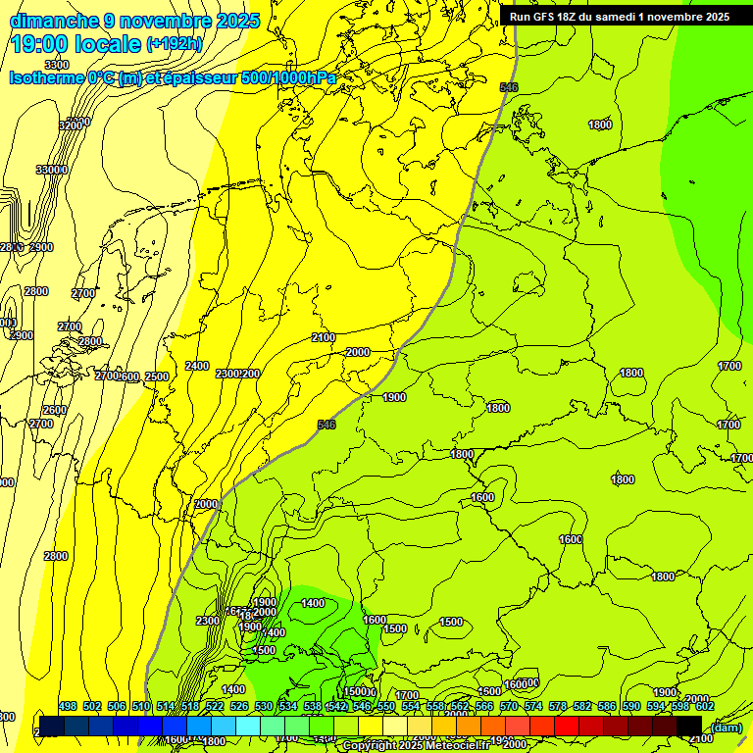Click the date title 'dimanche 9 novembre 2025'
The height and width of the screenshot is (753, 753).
pyautogui.click(x=134, y=21)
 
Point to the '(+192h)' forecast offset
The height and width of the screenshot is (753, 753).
pyautogui.click(x=175, y=44)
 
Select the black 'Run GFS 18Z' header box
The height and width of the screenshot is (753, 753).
pyautogui.click(x=620, y=17)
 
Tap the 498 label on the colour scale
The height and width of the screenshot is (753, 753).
pyautogui.click(x=68, y=707)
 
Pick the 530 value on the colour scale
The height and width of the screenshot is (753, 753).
pyautogui.click(x=264, y=707)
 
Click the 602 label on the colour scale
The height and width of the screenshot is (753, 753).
pyautogui.click(x=705, y=707)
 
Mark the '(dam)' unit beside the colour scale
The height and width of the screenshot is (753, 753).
pyautogui.click(x=727, y=727)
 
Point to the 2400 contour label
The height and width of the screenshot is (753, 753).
pyautogui.click(x=197, y=366)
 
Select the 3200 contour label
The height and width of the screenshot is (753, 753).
pyautogui.click(x=72, y=125)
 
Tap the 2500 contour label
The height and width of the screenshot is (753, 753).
pyautogui.click(x=157, y=377)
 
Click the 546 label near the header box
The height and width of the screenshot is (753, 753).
pyautogui.click(x=508, y=87)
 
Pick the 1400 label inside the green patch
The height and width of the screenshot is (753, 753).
pyautogui.click(x=313, y=603)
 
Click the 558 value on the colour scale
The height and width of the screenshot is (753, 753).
pyautogui.click(x=435, y=707)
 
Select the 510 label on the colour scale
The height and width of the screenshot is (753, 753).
pyautogui.click(x=141, y=707)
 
